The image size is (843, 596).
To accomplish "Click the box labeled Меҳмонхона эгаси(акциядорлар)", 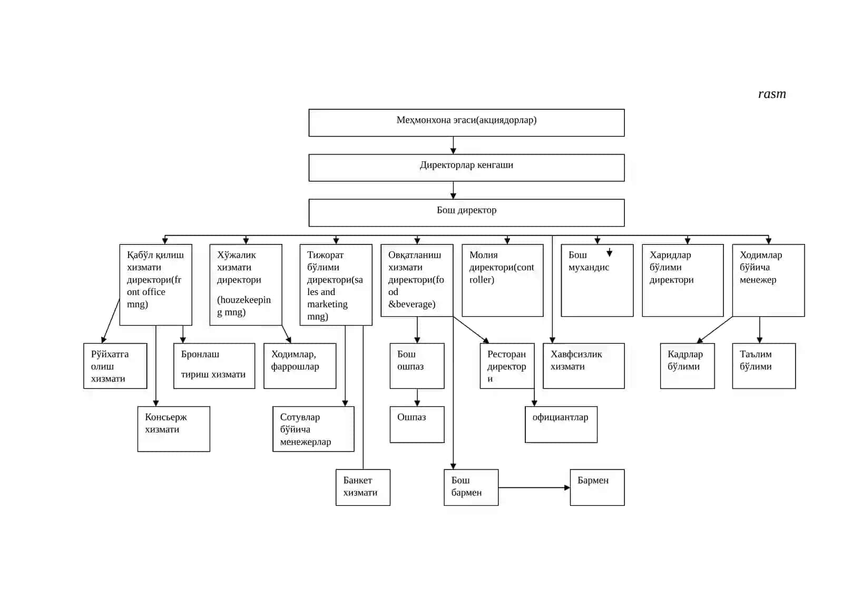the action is (x=466, y=123).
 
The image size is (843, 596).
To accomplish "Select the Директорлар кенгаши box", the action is (x=466, y=168).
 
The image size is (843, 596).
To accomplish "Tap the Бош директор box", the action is (x=466, y=213).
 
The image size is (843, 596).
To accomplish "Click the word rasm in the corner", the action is (x=772, y=94).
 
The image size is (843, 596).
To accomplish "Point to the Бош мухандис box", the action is (x=597, y=280).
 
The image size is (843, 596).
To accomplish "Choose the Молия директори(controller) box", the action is (x=503, y=280).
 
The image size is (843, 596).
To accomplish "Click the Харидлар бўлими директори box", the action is (x=683, y=280).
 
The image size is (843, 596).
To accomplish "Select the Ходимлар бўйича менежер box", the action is (x=769, y=280).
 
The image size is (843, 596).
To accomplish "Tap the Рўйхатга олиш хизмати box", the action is (x=115, y=366).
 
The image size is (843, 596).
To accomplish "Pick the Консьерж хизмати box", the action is (x=173, y=429).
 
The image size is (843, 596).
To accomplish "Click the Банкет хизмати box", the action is (x=363, y=487).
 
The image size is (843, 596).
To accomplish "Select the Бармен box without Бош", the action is (x=597, y=487).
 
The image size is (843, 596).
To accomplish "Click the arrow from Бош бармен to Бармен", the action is (x=534, y=487).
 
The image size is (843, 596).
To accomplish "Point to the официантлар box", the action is (x=561, y=424).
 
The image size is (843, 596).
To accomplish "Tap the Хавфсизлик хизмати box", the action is (x=583, y=366).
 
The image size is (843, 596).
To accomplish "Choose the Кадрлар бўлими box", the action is (x=687, y=366).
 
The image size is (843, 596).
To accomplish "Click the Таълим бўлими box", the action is (x=764, y=366).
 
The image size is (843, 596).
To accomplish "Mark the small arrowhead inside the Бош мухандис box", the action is (x=609, y=253).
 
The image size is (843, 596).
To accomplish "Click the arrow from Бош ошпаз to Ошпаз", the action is (x=417, y=397).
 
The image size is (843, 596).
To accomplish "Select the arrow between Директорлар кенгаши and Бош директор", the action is (x=453, y=190).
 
